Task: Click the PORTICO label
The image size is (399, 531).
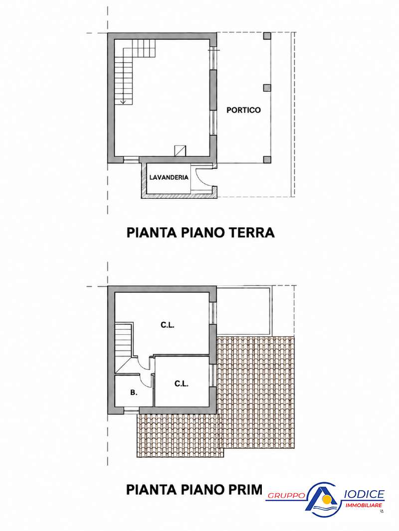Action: (x=243, y=110)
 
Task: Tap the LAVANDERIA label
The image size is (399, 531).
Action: (x=169, y=177)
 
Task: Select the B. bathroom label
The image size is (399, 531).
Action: (x=134, y=393)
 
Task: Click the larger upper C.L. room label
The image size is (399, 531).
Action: (x=168, y=325)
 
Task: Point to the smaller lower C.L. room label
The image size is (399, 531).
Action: (x=182, y=384)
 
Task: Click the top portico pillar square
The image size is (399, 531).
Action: (x=267, y=36)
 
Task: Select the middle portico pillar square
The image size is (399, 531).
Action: (x=267, y=88)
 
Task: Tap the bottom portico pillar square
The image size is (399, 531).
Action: (x=267, y=159)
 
